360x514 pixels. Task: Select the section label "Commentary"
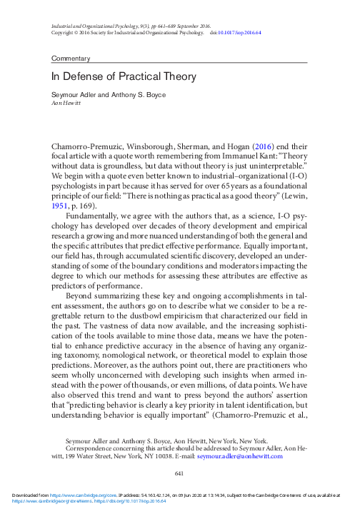pyautogui.click(x=71, y=57)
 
